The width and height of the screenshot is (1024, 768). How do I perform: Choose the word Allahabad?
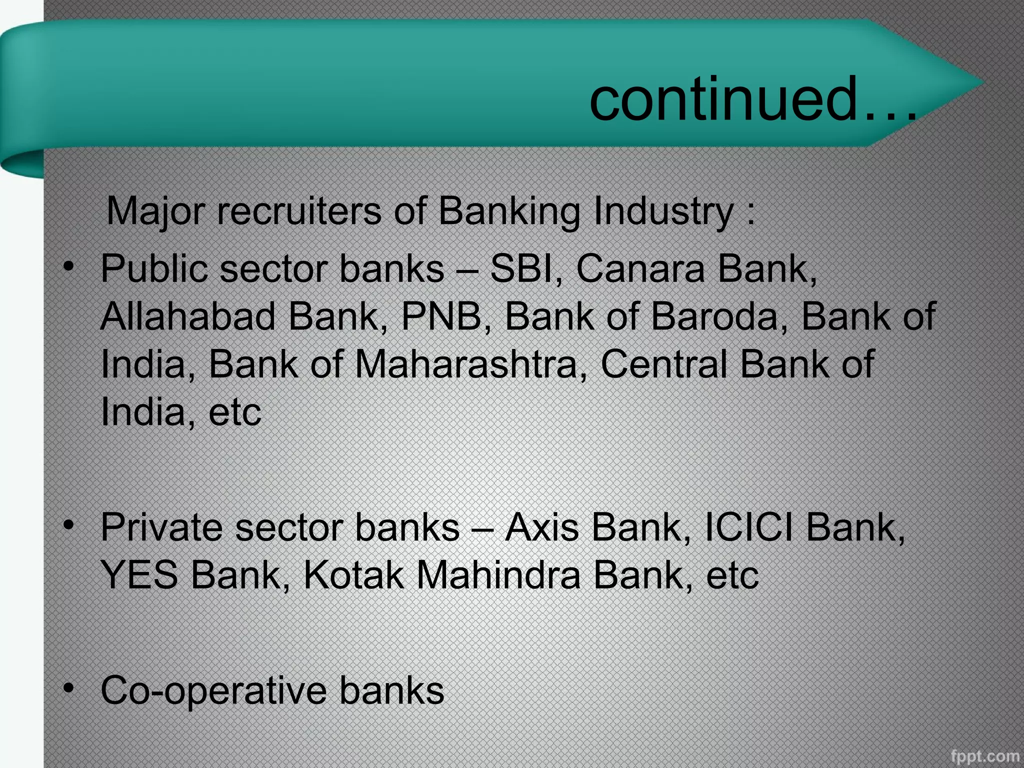coord(188,316)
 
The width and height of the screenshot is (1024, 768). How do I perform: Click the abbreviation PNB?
coord(441,316)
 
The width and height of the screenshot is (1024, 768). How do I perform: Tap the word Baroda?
coord(714,316)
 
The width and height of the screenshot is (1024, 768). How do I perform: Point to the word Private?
coord(161,527)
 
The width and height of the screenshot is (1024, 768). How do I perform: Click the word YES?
coord(139,575)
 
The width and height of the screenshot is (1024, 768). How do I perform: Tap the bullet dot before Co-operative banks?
coord(69,688)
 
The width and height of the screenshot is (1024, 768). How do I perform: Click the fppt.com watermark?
coord(984,755)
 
